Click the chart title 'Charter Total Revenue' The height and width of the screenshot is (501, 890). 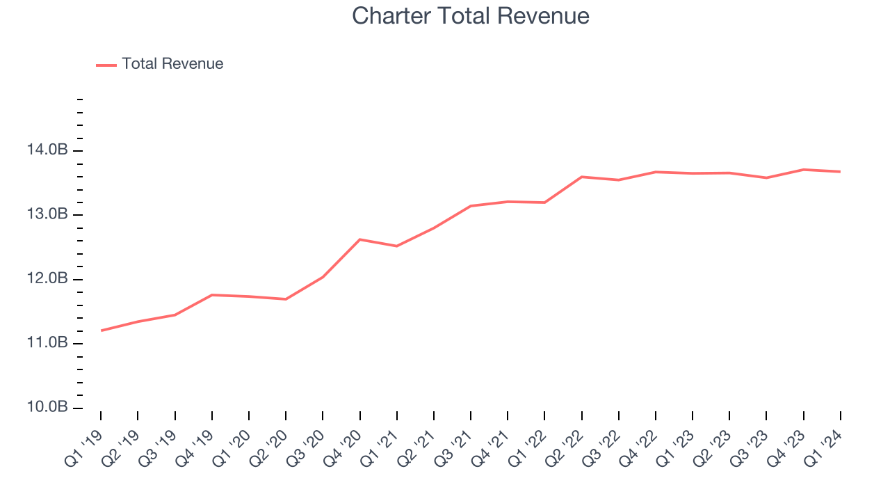coord(471,16)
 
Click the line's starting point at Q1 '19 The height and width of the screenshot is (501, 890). coord(102,331)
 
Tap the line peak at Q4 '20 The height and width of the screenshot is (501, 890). coord(360,239)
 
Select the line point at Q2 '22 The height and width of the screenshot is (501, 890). coord(582,177)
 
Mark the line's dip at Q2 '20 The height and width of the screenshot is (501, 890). coord(286,299)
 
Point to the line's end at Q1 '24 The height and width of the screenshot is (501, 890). coord(840,171)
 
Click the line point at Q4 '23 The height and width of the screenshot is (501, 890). coord(804,169)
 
